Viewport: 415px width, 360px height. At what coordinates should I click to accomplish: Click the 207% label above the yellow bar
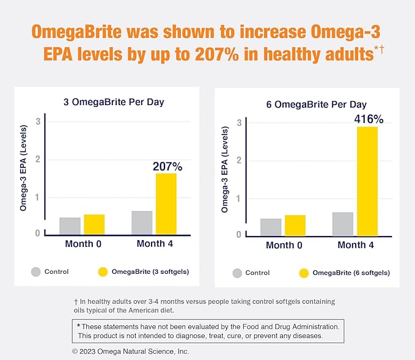pyautogui.click(x=167, y=166)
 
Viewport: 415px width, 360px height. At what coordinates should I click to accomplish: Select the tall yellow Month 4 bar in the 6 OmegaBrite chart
pyautogui.click(x=367, y=181)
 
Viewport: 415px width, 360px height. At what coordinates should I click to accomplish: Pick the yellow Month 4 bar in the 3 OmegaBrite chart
pyautogui.click(x=166, y=204)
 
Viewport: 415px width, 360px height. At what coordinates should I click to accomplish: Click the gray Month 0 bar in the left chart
pyautogui.click(x=70, y=226)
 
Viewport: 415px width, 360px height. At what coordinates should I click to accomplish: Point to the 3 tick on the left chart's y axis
pyautogui.click(x=38, y=121)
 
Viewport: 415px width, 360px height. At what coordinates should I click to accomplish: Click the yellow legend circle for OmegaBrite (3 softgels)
pyautogui.click(x=102, y=272)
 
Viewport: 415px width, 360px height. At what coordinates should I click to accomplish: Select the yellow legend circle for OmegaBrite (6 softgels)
pyautogui.click(x=304, y=273)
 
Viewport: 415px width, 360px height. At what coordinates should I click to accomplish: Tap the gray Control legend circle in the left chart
pyautogui.click(x=36, y=272)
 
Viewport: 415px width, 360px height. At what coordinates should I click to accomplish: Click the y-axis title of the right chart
pyautogui.click(x=224, y=174)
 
